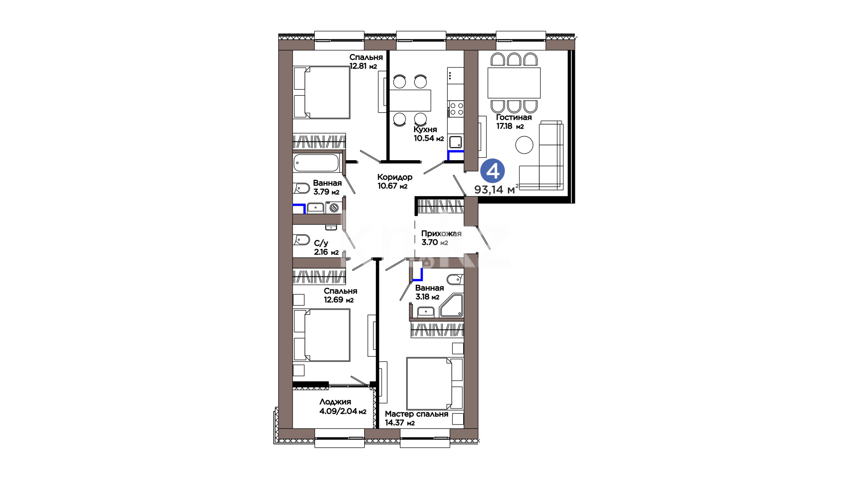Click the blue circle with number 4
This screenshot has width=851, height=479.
(x=492, y=171)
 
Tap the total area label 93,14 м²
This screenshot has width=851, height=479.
(x=496, y=189)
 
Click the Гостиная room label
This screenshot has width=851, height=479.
(x=514, y=118)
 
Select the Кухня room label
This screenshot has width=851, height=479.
(x=425, y=130)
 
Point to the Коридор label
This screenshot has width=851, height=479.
(x=395, y=177)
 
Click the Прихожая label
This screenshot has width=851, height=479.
(x=441, y=234)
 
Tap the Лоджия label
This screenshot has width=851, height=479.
(x=335, y=402)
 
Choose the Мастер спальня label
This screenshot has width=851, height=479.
(x=417, y=414)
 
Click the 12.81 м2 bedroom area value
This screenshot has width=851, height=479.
(x=363, y=67)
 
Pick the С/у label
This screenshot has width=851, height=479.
(x=321, y=243)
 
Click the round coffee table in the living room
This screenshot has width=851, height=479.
(x=524, y=145)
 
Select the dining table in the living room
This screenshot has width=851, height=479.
(x=514, y=83)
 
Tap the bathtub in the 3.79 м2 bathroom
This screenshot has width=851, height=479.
(x=317, y=163)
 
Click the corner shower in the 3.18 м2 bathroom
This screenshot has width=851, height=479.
(x=451, y=305)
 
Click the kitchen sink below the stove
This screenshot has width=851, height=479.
(x=456, y=142)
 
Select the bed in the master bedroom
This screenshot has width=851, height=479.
(x=435, y=384)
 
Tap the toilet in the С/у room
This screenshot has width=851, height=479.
(x=301, y=240)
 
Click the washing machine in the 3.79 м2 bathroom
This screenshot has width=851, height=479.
(x=334, y=207)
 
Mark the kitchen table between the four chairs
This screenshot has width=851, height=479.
(x=410, y=101)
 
